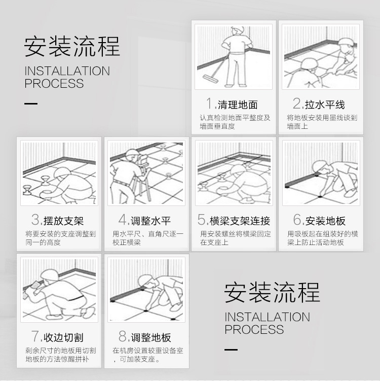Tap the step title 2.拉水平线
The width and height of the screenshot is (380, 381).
pos(320,104)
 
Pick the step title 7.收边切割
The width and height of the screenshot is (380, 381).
pos(58,337)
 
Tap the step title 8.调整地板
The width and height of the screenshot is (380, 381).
pos(145,337)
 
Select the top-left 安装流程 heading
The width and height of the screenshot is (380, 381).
pos(72,47)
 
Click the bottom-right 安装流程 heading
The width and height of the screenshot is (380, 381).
pos(272,293)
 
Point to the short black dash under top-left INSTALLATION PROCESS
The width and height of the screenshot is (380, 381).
pos(31,103)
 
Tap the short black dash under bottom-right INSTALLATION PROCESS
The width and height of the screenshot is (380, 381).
pos(231,350)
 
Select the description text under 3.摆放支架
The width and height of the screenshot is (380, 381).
pos(60,238)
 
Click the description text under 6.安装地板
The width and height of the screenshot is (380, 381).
pos(322,238)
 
